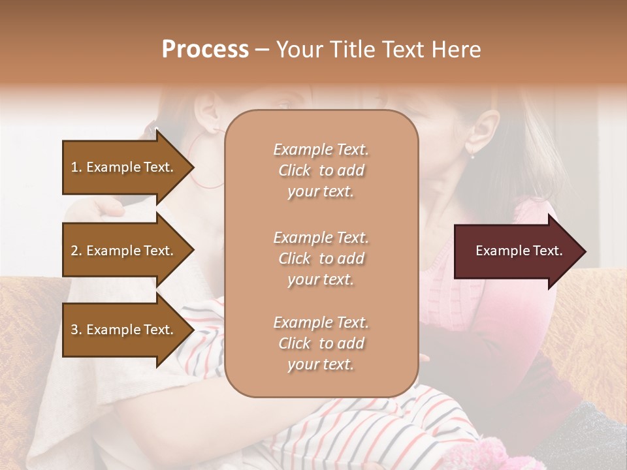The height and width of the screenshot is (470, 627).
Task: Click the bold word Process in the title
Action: point(205,50)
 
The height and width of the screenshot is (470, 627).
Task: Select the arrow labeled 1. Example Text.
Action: point(124,167)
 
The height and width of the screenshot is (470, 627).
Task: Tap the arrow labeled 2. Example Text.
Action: point(124,251)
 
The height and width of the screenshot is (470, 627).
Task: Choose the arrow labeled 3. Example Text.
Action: point(124,330)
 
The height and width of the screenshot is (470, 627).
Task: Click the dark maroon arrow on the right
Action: point(516,251)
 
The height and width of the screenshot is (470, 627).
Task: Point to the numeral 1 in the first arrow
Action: point(74,167)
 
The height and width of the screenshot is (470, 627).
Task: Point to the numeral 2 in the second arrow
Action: point(75,251)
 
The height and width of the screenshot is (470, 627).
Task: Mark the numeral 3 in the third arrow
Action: point(75,330)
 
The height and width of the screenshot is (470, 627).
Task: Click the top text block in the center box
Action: point(321,170)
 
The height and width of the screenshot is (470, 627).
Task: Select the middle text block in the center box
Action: point(321,258)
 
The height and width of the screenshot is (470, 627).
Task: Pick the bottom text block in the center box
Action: point(321,343)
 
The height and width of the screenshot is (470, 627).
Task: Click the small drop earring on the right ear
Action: point(472,155)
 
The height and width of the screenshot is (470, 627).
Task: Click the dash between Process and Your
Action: point(262,50)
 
